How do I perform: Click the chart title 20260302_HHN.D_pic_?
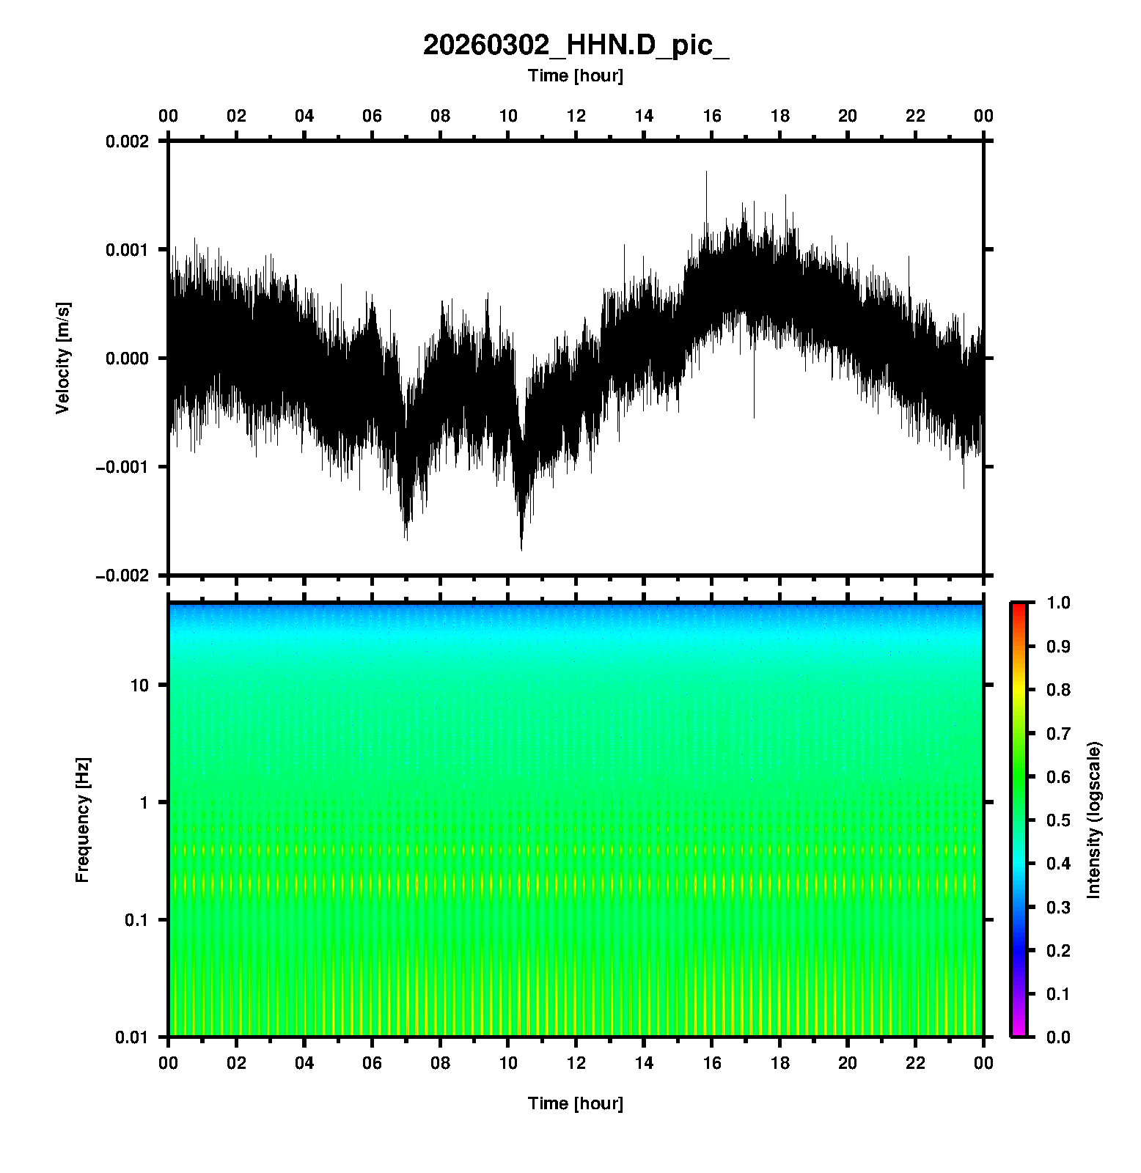click(x=576, y=45)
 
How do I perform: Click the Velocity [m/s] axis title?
click(x=63, y=358)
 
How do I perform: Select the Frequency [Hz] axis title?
click(x=82, y=820)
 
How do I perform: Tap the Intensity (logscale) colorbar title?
click(x=1094, y=820)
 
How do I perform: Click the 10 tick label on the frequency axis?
click(x=139, y=685)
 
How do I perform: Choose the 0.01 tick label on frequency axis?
click(x=133, y=1037)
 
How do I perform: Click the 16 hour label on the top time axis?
click(x=712, y=116)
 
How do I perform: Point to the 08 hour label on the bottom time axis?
click(x=440, y=1063)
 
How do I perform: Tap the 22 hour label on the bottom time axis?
click(x=916, y=1063)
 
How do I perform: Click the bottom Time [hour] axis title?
click(x=576, y=1103)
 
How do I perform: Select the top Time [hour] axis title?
click(x=576, y=76)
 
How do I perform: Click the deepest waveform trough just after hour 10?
click(x=521, y=548)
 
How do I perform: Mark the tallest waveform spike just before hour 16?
click(x=706, y=172)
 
